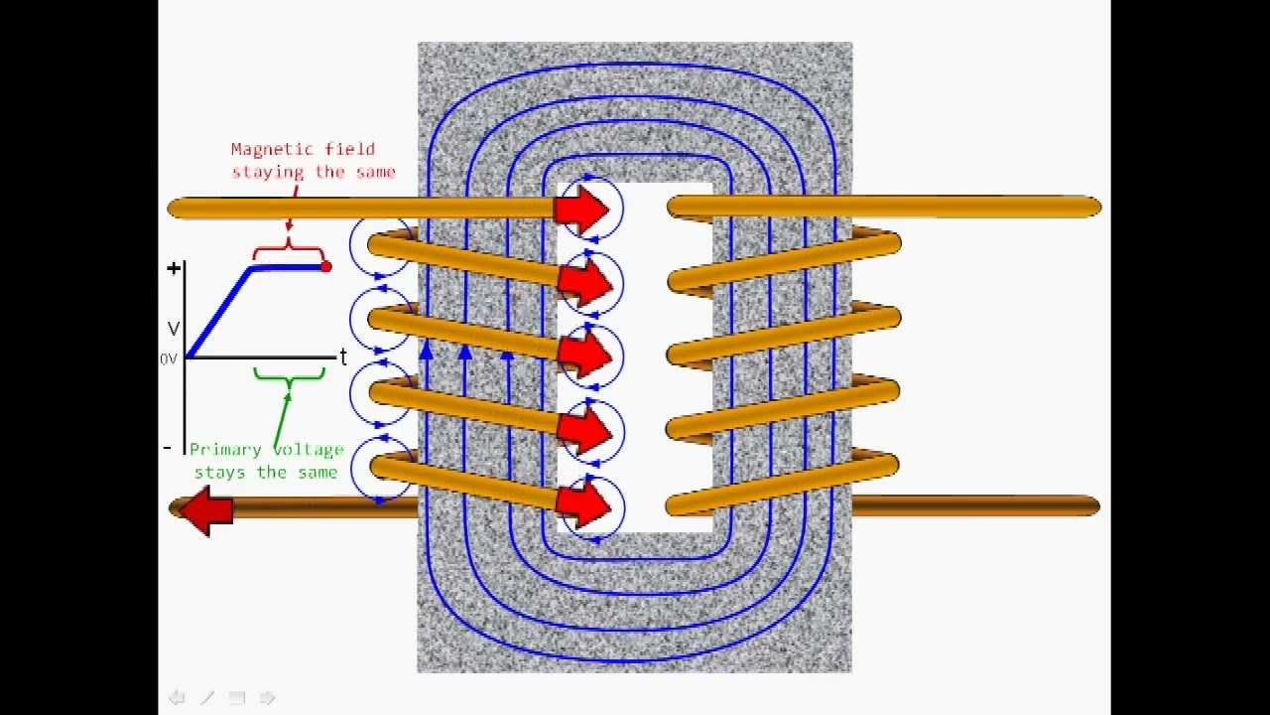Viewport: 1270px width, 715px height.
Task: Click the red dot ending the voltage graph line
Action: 325,266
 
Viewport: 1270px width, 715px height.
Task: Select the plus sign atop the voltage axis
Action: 174,268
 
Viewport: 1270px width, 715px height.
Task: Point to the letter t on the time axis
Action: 343,357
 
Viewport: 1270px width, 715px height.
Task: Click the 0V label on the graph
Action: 168,359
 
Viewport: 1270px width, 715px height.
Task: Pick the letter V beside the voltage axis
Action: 174,329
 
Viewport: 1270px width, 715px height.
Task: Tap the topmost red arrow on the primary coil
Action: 582,209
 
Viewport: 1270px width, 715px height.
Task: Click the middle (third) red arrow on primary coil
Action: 584,356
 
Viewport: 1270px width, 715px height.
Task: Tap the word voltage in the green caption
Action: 307,450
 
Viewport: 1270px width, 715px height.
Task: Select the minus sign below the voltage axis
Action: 167,449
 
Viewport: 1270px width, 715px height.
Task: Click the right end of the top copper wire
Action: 1091,207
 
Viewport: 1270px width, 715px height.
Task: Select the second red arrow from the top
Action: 584,282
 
